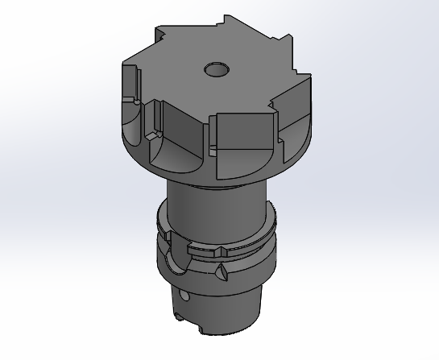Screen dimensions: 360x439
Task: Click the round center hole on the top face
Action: [x=216, y=69]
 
